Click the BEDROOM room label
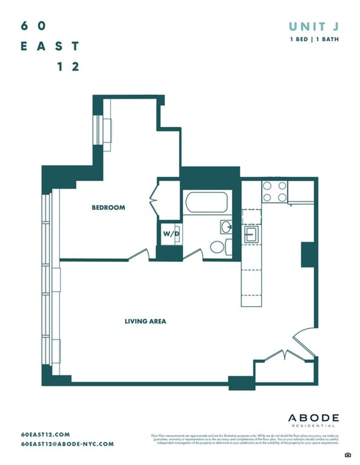(108, 208)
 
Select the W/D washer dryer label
(171, 234)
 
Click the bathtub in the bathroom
(207, 202)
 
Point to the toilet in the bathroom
(218, 247)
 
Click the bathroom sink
(226, 227)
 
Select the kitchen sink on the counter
(251, 233)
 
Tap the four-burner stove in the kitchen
(274, 191)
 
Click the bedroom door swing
(139, 255)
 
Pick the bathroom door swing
(193, 255)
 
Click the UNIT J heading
(313, 27)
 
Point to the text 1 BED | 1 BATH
(314, 40)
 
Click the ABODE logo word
(314, 418)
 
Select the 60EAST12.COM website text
(45, 434)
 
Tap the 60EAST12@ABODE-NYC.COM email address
(67, 444)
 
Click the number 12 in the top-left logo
(68, 66)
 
